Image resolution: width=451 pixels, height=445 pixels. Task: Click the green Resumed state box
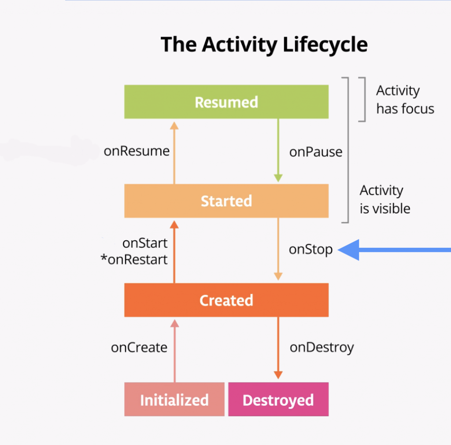tap(226, 102)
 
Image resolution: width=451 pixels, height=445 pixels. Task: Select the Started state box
tap(226, 201)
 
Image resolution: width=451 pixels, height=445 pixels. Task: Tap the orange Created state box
tap(226, 300)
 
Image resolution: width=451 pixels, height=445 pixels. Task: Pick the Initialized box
tap(174, 400)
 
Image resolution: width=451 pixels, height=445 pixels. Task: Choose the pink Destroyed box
tap(278, 400)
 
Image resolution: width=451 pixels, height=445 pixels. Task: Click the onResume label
tap(137, 151)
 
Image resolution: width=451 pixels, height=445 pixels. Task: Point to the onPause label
tap(315, 152)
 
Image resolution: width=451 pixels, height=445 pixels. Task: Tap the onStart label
tap(145, 243)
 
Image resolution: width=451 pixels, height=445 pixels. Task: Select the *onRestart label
tap(134, 260)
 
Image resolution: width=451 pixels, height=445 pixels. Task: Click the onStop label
tap(311, 250)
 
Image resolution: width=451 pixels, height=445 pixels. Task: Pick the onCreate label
tap(139, 348)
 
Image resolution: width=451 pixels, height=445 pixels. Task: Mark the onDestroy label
tap(322, 348)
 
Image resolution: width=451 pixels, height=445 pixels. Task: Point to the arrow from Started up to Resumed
tap(174, 152)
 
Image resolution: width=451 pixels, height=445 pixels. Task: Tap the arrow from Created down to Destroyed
tap(278, 348)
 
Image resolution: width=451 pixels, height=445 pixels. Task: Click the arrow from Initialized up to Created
tap(174, 350)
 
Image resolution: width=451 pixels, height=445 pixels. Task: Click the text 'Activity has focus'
tap(405, 100)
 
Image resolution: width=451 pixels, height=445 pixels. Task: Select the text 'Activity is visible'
tap(384, 199)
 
